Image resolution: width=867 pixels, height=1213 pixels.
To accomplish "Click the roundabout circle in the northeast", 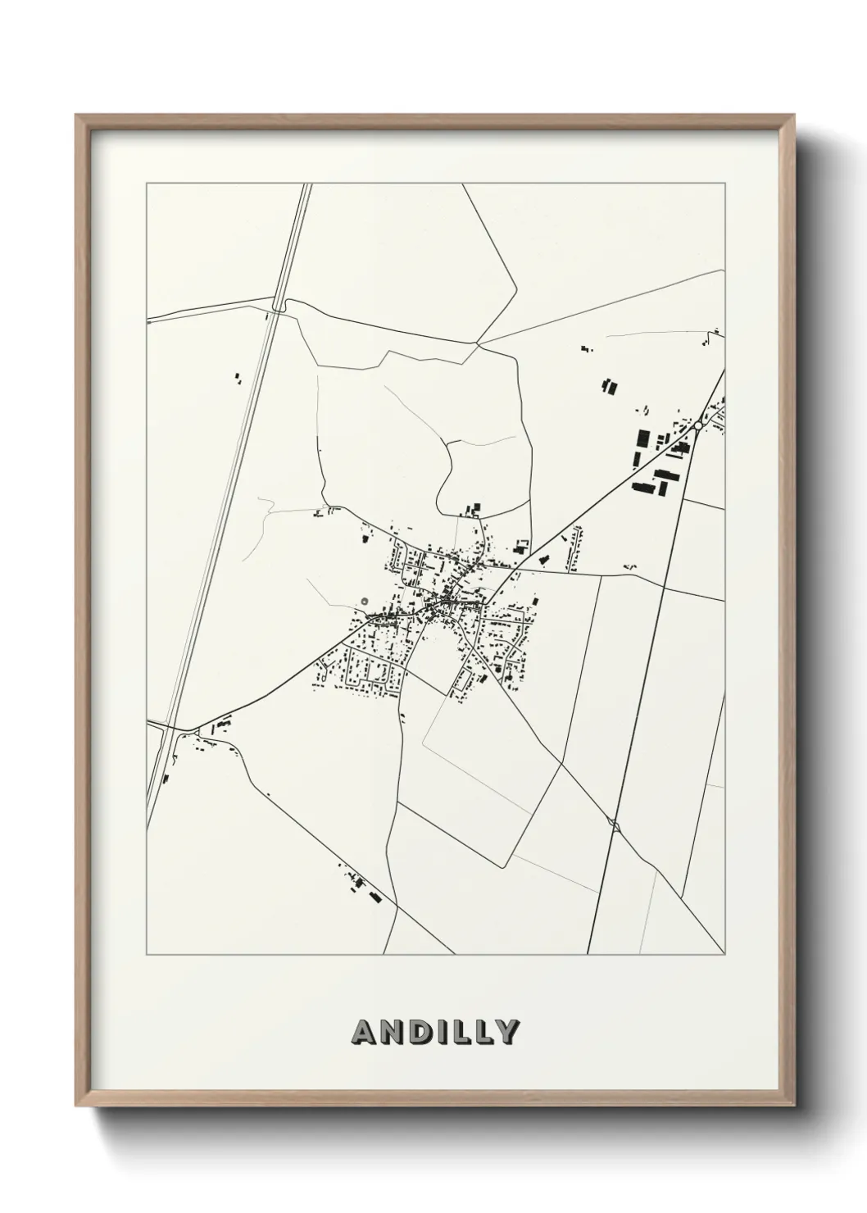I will (x=697, y=426).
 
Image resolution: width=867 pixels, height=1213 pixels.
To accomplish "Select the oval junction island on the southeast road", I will (x=614, y=825).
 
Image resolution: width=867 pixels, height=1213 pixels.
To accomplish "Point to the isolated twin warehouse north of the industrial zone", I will (x=608, y=386).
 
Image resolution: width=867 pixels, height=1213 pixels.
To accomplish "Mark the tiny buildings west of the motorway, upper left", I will (x=238, y=379).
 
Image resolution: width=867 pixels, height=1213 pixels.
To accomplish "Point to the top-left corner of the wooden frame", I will (x=77, y=116).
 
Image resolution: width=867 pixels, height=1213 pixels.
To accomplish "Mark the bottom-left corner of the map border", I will (x=146, y=955).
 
